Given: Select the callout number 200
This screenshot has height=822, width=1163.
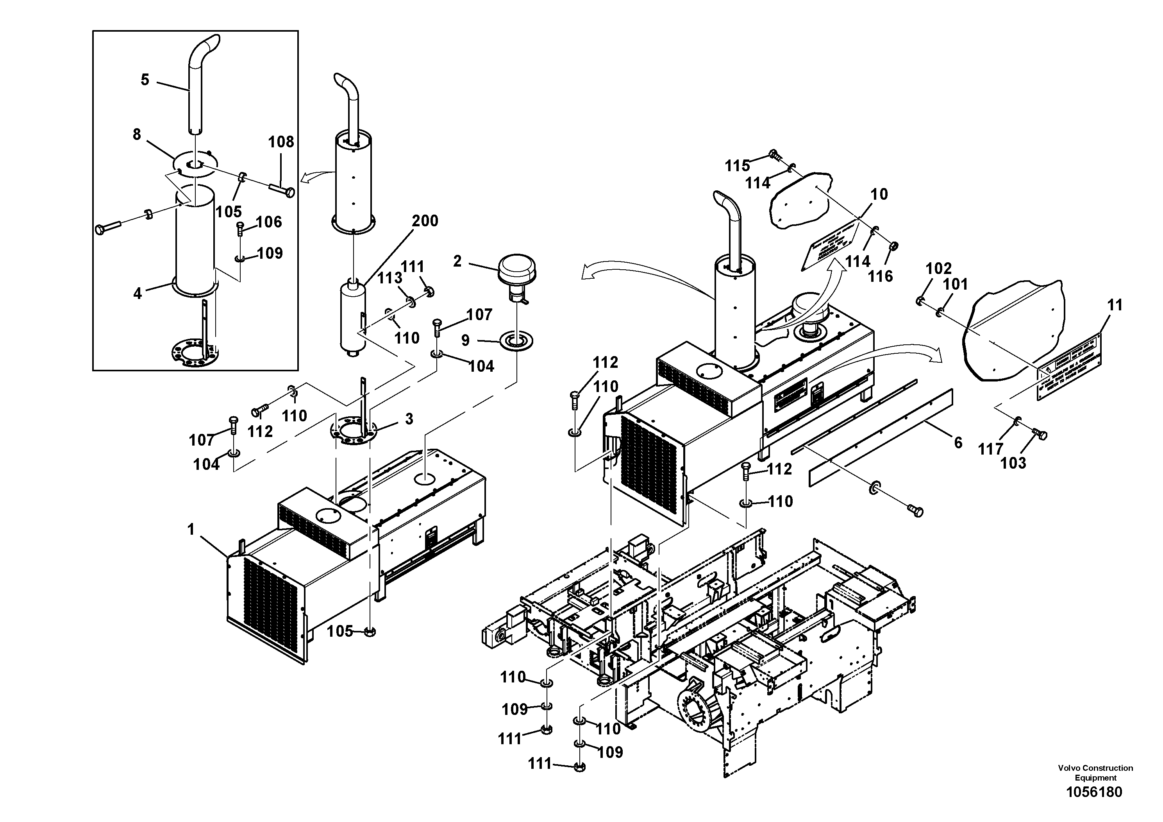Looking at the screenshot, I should [425, 221].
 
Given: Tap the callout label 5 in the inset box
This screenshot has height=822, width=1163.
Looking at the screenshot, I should [145, 80].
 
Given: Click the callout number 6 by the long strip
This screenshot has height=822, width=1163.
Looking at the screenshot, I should [958, 442].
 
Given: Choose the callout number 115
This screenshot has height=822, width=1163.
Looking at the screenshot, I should [737, 166].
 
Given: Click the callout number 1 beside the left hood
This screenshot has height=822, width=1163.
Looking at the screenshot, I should [191, 530].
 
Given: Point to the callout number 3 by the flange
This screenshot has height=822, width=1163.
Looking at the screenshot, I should [409, 419].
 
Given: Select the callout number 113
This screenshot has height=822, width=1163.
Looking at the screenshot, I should [389, 278].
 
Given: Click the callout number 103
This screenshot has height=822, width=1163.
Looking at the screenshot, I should [1013, 463].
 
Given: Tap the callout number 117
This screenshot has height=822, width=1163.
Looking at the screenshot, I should [991, 449].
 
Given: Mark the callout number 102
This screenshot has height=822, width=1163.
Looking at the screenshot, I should [939, 268].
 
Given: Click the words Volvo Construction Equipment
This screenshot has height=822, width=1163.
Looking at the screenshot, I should [1095, 773].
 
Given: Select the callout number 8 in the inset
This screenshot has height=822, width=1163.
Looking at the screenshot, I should [137, 135].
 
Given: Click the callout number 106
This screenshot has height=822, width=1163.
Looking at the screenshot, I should [268, 222].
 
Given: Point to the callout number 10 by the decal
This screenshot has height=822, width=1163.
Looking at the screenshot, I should [879, 194].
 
